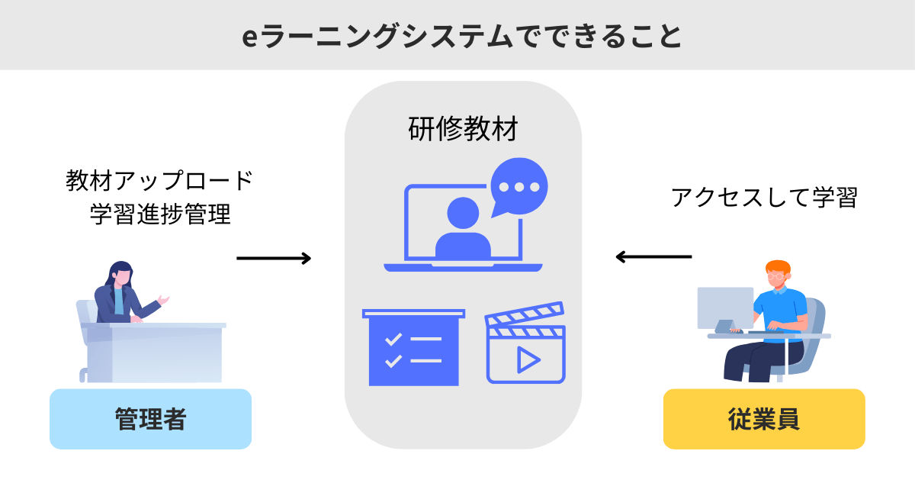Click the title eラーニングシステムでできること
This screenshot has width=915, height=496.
click(457, 36)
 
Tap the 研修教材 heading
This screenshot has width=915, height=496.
click(463, 129)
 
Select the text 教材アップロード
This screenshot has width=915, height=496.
click(159, 181)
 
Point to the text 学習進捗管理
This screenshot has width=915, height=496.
click(159, 214)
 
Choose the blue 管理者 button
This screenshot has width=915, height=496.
click(150, 419)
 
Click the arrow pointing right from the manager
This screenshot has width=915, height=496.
click(274, 258)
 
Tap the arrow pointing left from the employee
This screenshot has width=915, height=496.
click(653, 257)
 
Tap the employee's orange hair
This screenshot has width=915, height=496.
click(778, 269)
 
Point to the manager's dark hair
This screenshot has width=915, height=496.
click(120, 272)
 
